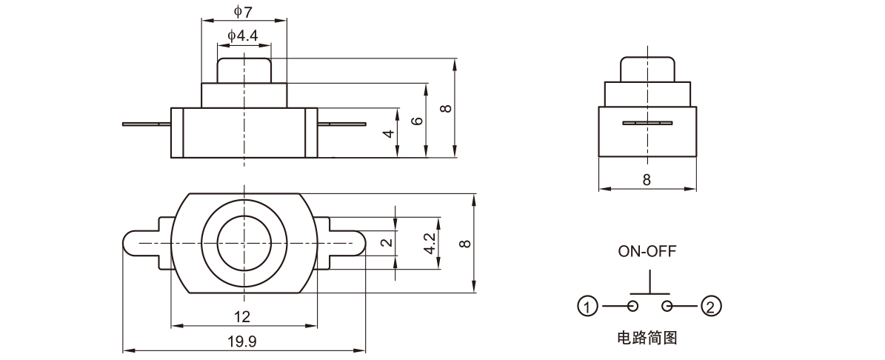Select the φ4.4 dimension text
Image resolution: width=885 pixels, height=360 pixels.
tap(243, 35)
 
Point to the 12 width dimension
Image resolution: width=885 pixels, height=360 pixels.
tap(242, 317)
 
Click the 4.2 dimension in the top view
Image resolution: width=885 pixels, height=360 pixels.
tap(429, 243)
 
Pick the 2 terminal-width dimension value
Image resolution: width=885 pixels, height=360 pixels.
tap(384, 243)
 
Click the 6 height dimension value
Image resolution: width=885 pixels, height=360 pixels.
tap(417, 121)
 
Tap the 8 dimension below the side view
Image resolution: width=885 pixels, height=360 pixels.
tap(647, 180)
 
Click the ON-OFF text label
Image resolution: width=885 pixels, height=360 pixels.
tap(647, 250)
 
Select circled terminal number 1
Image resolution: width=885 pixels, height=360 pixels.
tap(587, 306)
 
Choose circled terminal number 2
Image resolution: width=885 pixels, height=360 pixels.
tap(710, 306)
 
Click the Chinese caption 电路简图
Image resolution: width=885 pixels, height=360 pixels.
tap(647, 339)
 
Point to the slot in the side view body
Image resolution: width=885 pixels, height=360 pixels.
tap(647, 122)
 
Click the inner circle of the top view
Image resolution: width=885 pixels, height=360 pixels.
tap(243, 243)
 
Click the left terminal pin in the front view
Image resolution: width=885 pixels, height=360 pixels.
tap(147, 124)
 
